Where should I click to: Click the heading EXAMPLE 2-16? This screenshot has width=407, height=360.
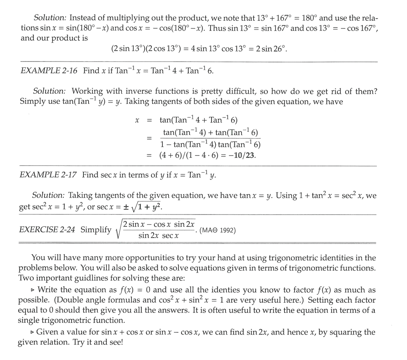(49, 71)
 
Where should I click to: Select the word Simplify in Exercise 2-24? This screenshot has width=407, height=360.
(96, 229)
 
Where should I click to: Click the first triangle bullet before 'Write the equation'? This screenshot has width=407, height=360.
(33, 290)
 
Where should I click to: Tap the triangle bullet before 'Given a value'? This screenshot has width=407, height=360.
(32, 332)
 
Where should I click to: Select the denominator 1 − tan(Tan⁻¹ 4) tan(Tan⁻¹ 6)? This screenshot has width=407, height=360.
(211, 144)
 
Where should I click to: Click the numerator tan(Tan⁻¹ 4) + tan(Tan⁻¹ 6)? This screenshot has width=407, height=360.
(211, 132)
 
